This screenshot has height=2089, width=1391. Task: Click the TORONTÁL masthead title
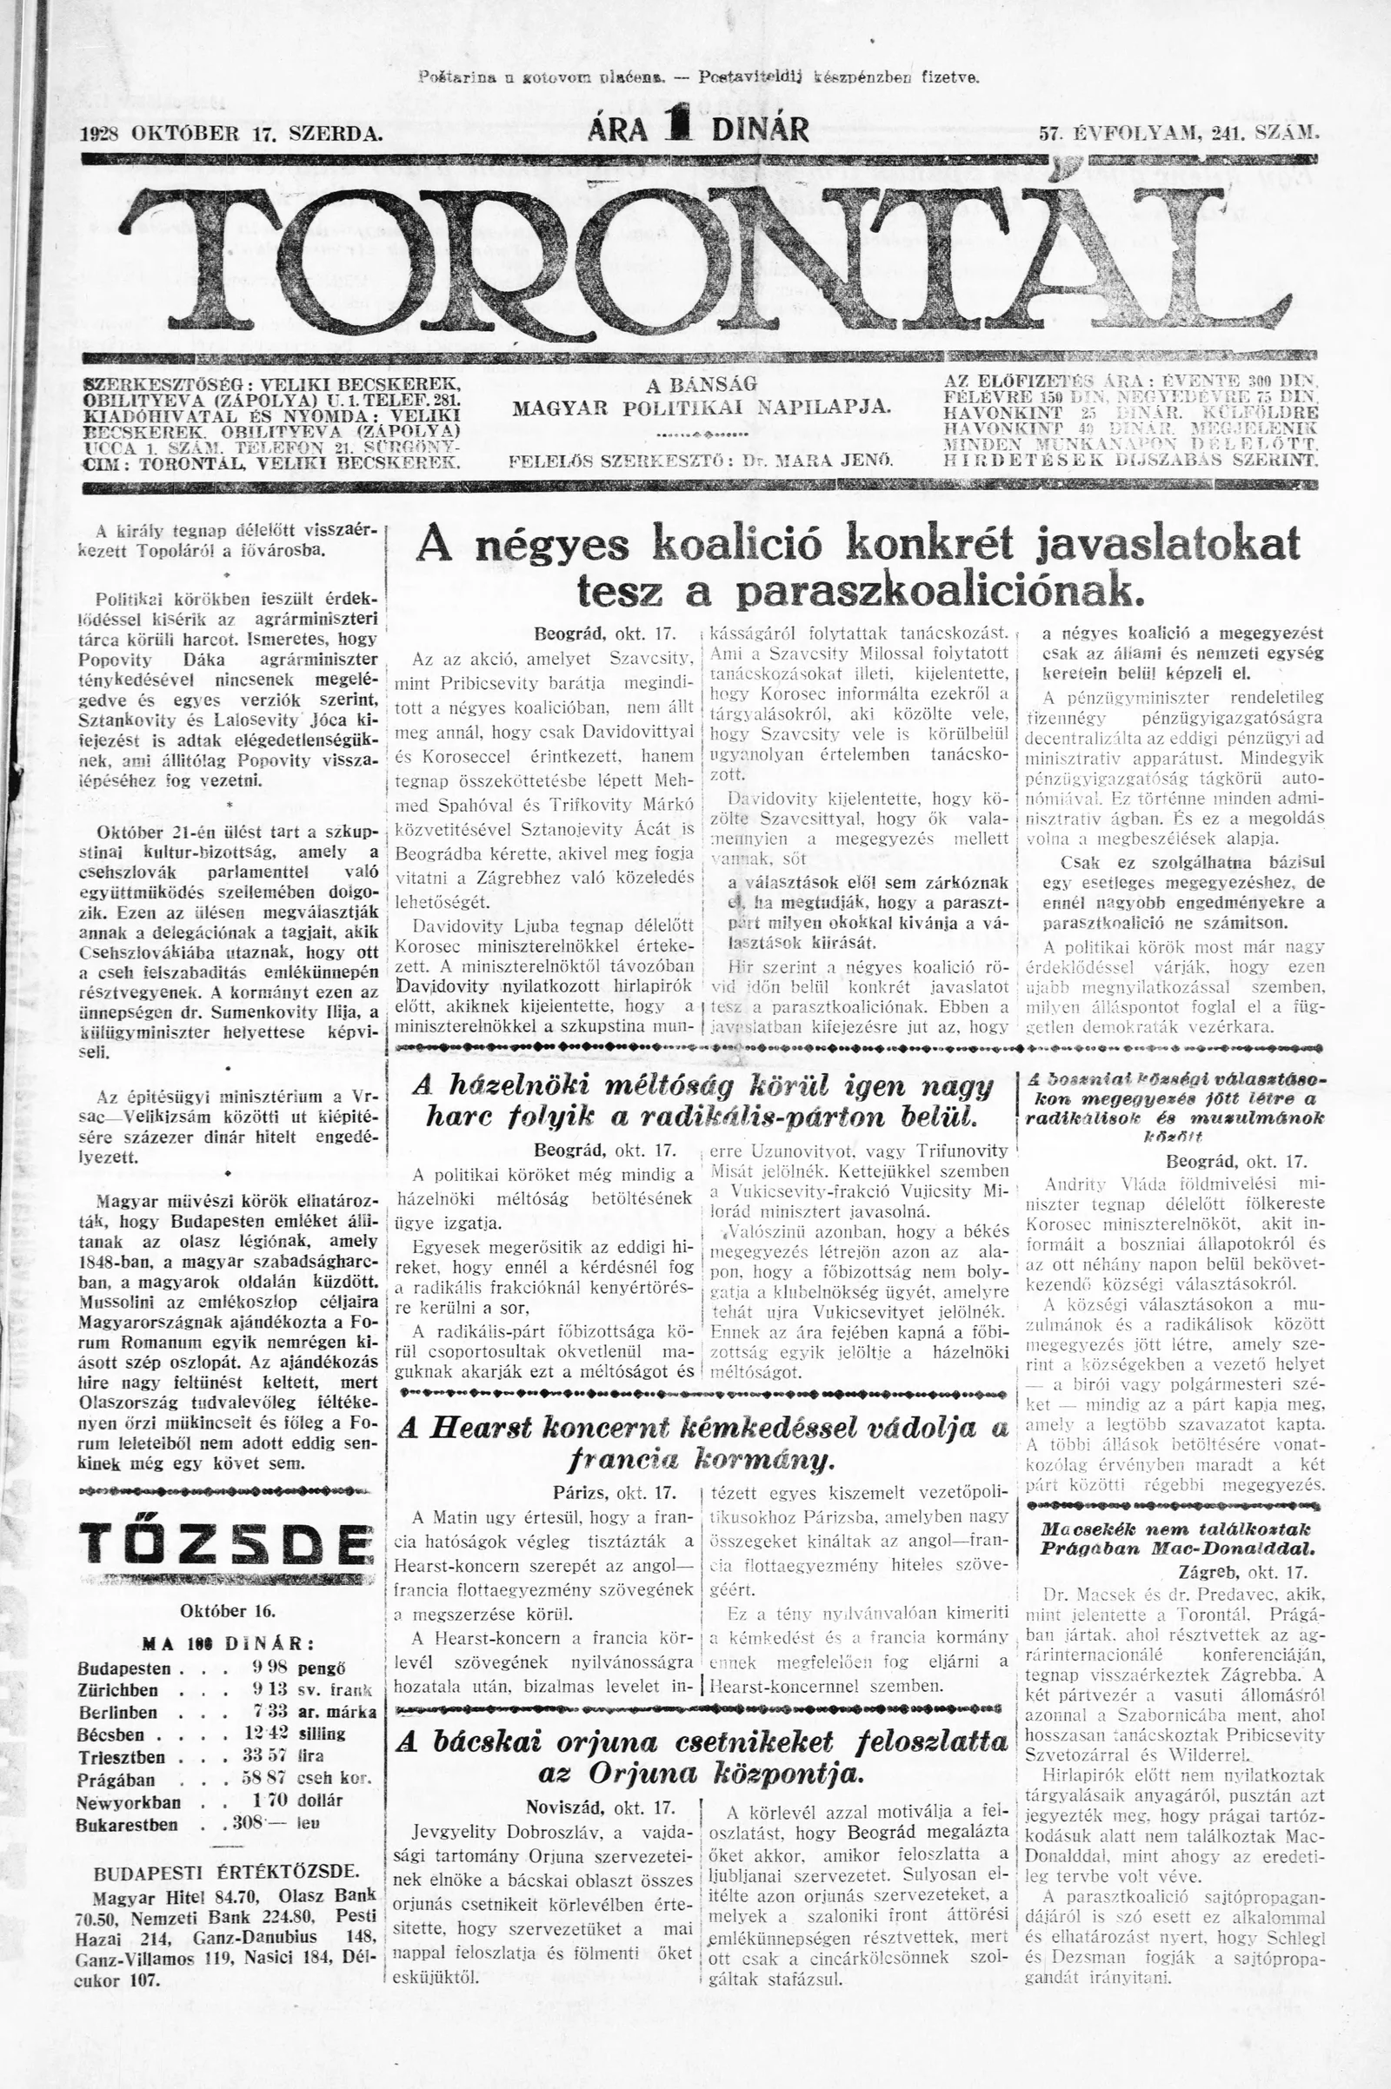click(701, 257)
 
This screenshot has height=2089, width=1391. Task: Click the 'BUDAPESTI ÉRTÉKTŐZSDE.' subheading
click(227, 1866)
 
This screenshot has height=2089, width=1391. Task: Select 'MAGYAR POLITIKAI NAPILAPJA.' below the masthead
click(701, 407)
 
